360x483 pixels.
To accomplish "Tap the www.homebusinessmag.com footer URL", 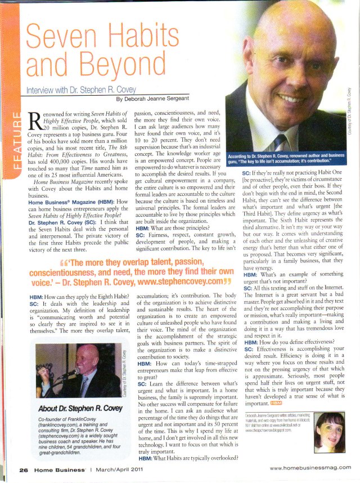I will pyautogui.click(x=310, y=468).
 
